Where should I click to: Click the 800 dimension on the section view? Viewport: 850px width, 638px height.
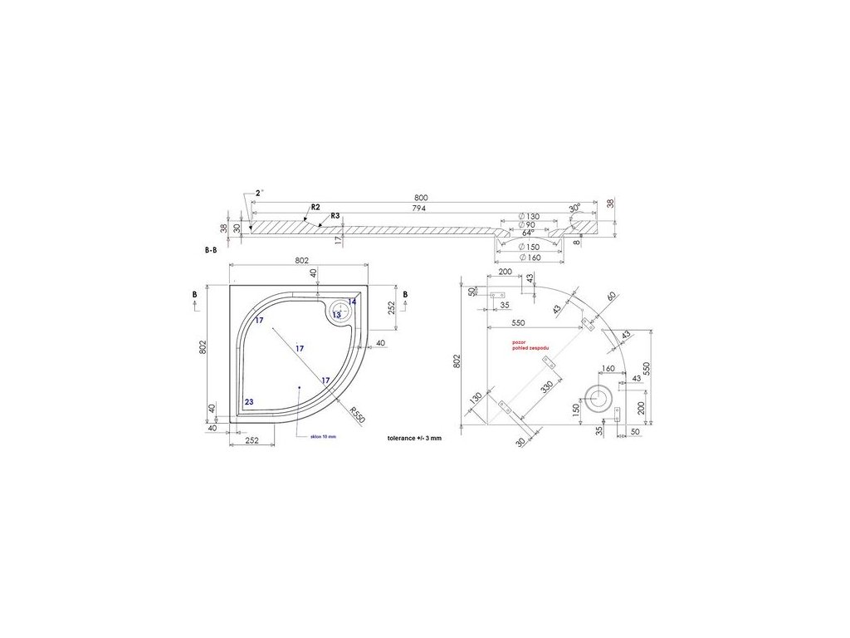421,198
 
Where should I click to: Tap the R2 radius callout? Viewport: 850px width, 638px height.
315,206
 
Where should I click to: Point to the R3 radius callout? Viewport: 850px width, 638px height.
335,216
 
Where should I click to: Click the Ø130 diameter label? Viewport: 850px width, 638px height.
528,217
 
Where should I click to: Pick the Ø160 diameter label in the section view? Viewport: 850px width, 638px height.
528,257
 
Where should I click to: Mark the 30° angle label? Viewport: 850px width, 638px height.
574,207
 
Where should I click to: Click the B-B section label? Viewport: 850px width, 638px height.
211,249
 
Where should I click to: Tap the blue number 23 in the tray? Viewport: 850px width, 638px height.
249,401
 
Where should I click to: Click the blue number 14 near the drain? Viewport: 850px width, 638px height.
352,302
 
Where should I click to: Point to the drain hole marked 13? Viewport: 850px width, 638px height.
338,314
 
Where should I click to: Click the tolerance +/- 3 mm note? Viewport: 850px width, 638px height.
414,437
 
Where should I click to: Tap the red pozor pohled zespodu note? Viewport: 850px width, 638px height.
530,345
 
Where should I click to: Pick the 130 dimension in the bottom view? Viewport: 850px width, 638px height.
476,399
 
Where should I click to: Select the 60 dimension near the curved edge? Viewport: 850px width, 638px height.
613,297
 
